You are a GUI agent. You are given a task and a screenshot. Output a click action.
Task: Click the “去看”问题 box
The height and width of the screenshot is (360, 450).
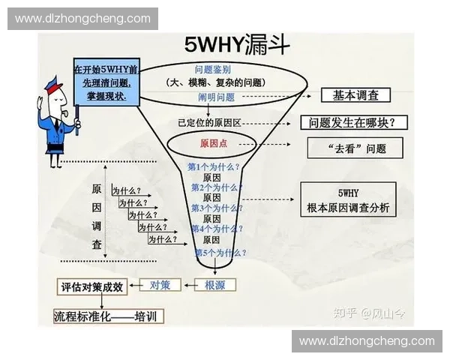coord(355,148)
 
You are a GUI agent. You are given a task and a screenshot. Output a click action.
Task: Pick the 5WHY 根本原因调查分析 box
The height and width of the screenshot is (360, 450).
coord(346,199)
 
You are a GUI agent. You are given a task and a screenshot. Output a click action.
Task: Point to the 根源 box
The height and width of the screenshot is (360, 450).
coord(214,285)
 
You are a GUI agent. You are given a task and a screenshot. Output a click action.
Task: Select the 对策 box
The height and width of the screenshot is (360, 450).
coord(160,285)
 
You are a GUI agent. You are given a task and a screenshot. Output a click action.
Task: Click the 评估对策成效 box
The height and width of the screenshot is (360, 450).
coord(96,286)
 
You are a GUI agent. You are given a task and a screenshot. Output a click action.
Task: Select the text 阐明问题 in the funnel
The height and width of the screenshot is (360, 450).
coord(216,97)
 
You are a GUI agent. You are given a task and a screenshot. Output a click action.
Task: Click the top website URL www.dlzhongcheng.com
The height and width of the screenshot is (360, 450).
coord(83,19)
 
